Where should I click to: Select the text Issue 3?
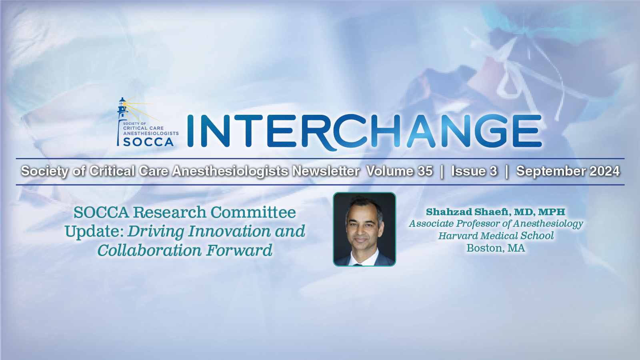474,171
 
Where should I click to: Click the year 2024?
604,171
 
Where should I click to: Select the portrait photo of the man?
364,229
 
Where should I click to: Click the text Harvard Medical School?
496,236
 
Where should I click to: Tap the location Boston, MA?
496,248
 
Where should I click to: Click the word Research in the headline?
170,212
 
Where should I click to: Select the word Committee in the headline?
253,212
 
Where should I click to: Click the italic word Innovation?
229,231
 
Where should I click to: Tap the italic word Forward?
239,250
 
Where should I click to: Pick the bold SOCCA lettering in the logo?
148,142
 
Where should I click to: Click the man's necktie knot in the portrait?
357,265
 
